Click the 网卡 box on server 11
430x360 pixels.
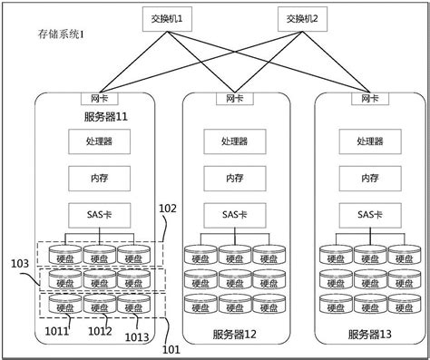pyautogui.click(x=101, y=98)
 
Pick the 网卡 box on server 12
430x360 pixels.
pyautogui.click(x=235, y=98)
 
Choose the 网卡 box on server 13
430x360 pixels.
pyautogui.click(x=370, y=98)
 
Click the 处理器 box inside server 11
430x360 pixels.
pyautogui.click(x=100, y=141)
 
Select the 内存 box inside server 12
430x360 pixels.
pyautogui.click(x=235, y=178)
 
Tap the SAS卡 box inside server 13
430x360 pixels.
pyautogui.click(x=370, y=215)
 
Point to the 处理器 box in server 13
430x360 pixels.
pyautogui.click(x=370, y=141)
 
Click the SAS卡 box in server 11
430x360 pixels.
pyautogui.click(x=100, y=215)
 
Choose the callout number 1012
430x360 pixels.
pyautogui.click(x=101, y=332)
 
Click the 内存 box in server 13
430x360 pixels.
pyautogui.click(x=370, y=178)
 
